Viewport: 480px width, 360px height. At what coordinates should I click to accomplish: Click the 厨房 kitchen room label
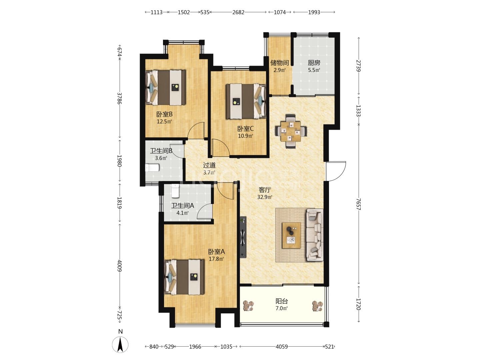coord(314,63)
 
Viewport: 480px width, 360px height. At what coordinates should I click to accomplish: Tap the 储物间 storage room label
coord(279,63)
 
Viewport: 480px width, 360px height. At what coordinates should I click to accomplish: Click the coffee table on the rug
coord(291,235)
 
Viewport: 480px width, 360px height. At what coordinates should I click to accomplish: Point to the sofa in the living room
coord(315,235)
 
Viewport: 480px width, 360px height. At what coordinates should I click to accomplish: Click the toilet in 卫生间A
coord(175,191)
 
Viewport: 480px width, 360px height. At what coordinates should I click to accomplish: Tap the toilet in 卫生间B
coord(152,168)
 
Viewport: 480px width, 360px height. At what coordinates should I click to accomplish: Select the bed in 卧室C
coord(246,101)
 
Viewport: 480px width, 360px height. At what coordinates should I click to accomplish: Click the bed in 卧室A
coord(184,277)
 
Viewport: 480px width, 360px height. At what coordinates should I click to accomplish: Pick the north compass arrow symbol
coord(120,344)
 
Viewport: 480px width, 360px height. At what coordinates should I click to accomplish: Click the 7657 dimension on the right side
coord(358,204)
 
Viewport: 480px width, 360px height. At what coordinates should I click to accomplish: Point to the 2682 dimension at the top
coord(238,12)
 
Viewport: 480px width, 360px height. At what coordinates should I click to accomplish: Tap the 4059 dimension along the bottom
coord(282,346)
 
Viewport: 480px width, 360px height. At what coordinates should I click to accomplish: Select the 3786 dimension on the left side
coord(119,98)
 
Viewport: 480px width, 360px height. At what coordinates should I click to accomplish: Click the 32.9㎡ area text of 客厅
coord(265,197)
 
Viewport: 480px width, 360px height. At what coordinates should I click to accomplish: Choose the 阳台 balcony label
coord(282,301)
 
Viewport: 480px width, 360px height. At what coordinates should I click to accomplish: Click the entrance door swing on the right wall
coord(336,171)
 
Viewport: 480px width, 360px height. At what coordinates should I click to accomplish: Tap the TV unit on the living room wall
coord(243,237)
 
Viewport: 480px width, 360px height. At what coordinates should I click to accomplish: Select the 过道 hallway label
coord(209,165)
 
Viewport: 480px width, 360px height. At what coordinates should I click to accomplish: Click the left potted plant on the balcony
coord(248,306)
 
